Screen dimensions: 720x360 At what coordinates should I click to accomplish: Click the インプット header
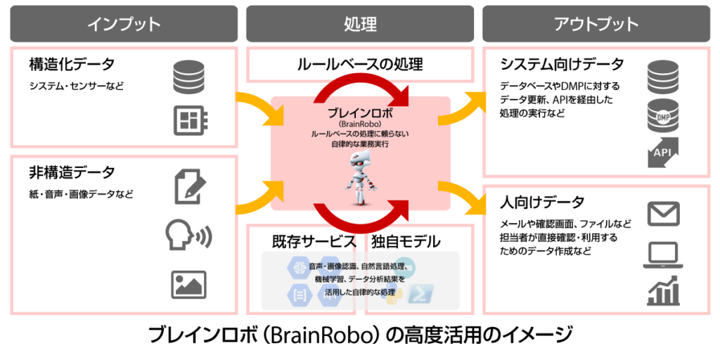click(124, 23)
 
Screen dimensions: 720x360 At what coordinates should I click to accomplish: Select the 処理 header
click(360, 23)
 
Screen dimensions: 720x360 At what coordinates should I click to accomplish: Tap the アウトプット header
click(596, 23)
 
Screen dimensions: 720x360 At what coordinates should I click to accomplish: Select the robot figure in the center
click(361, 179)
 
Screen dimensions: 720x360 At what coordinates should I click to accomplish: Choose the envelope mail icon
click(662, 214)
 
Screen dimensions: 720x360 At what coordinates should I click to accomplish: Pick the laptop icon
click(662, 256)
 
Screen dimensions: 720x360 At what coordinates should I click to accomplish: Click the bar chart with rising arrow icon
click(662, 290)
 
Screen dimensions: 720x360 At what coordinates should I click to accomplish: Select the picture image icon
click(188, 285)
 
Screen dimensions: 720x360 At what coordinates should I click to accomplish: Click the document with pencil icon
click(190, 186)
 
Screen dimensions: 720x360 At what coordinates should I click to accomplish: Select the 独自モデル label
click(405, 240)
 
